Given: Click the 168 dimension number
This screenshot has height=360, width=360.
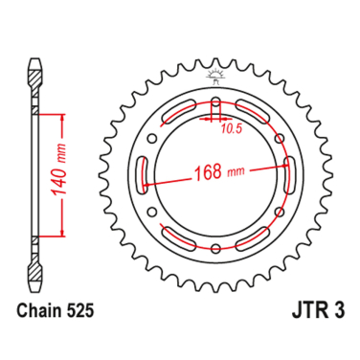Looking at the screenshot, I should click(x=204, y=172).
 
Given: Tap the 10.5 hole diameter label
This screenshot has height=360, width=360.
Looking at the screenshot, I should click(x=231, y=124).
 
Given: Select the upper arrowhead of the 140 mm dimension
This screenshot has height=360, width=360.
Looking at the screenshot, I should click(x=65, y=116).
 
